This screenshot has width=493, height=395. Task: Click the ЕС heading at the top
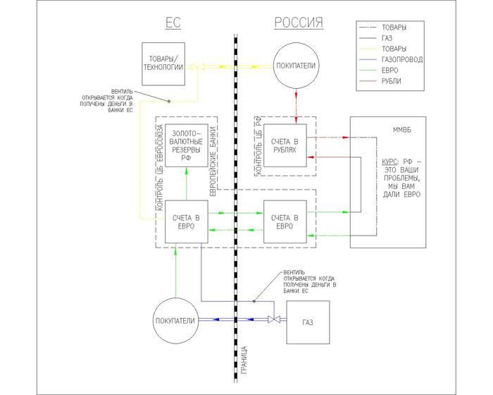click(174, 23)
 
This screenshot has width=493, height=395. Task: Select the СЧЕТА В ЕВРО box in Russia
click(284, 221)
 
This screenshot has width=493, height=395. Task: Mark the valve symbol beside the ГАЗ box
click(273, 320)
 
